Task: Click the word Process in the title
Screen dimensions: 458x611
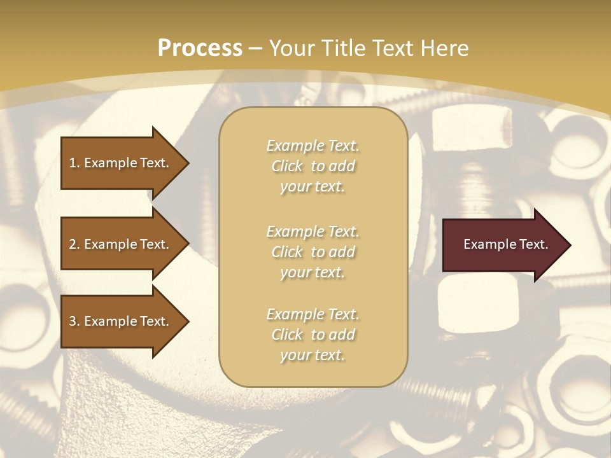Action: click(x=200, y=48)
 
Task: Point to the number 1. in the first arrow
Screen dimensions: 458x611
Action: click(x=74, y=163)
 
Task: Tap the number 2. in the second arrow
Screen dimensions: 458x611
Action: click(x=74, y=244)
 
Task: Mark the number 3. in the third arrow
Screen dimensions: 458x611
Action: click(x=74, y=321)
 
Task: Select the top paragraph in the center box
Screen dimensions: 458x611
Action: click(x=313, y=166)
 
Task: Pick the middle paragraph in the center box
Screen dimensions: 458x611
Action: click(x=313, y=252)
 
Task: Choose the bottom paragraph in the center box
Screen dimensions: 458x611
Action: click(x=313, y=335)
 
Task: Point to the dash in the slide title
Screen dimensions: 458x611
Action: click(x=255, y=48)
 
